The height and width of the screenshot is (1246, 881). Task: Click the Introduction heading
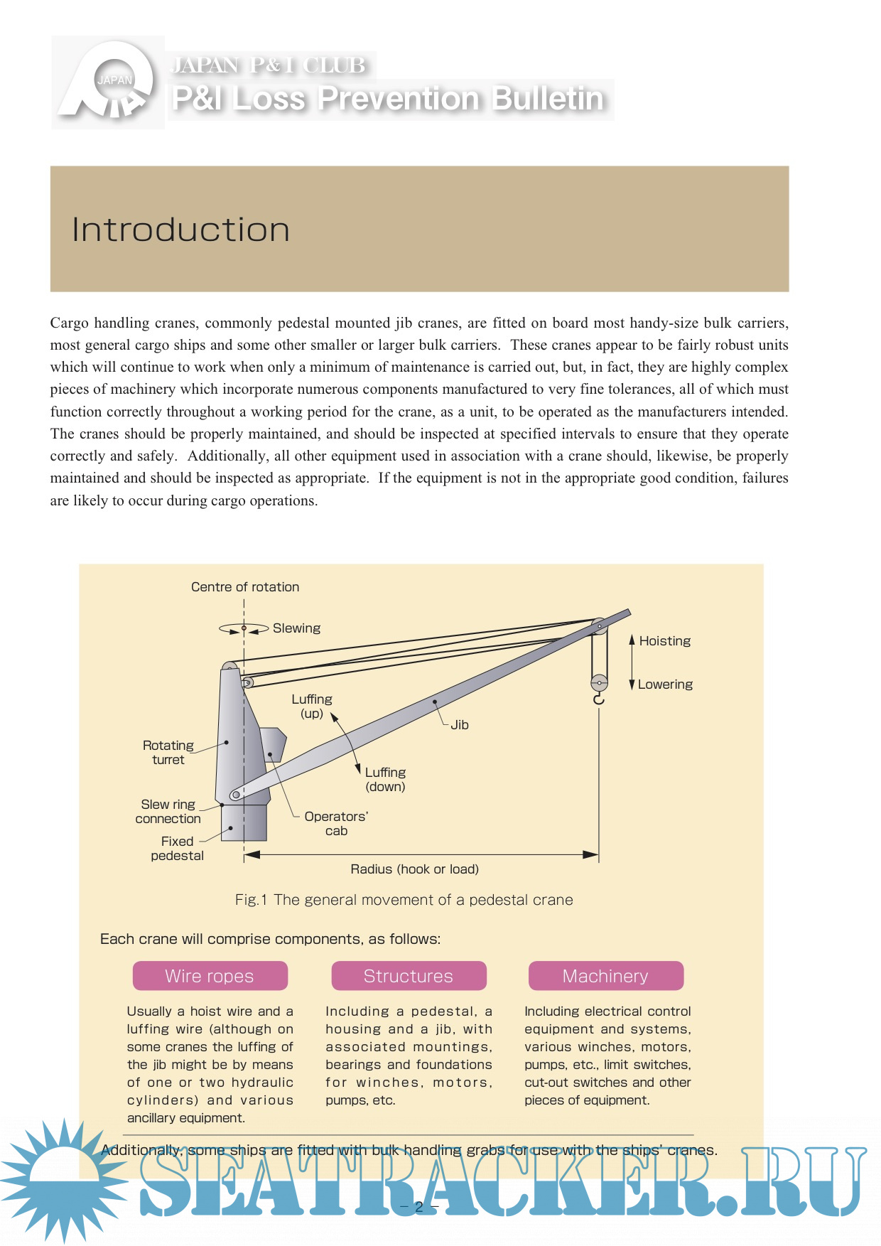point(181,230)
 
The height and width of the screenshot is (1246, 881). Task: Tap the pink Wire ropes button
point(210,976)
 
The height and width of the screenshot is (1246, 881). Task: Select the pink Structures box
point(409,976)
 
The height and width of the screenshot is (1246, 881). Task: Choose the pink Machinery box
point(605,976)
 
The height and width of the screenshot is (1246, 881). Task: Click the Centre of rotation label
point(245,587)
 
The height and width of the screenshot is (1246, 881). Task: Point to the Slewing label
point(296,628)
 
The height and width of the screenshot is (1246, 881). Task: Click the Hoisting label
point(664,641)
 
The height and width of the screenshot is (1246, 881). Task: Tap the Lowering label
point(665,684)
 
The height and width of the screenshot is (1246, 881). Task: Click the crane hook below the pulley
point(599,700)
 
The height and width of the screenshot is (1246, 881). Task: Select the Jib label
point(460,725)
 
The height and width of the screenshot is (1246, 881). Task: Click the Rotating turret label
point(168,753)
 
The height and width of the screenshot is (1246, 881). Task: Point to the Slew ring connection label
point(168,812)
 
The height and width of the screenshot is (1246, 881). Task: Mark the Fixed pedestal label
point(177,849)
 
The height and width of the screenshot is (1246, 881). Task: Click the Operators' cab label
point(336,824)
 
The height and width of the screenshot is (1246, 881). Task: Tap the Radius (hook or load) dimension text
point(414,869)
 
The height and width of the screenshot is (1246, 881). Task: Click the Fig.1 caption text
point(404,900)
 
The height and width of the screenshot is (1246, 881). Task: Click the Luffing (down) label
point(385,780)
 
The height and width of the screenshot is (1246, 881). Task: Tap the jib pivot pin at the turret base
point(235,795)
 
